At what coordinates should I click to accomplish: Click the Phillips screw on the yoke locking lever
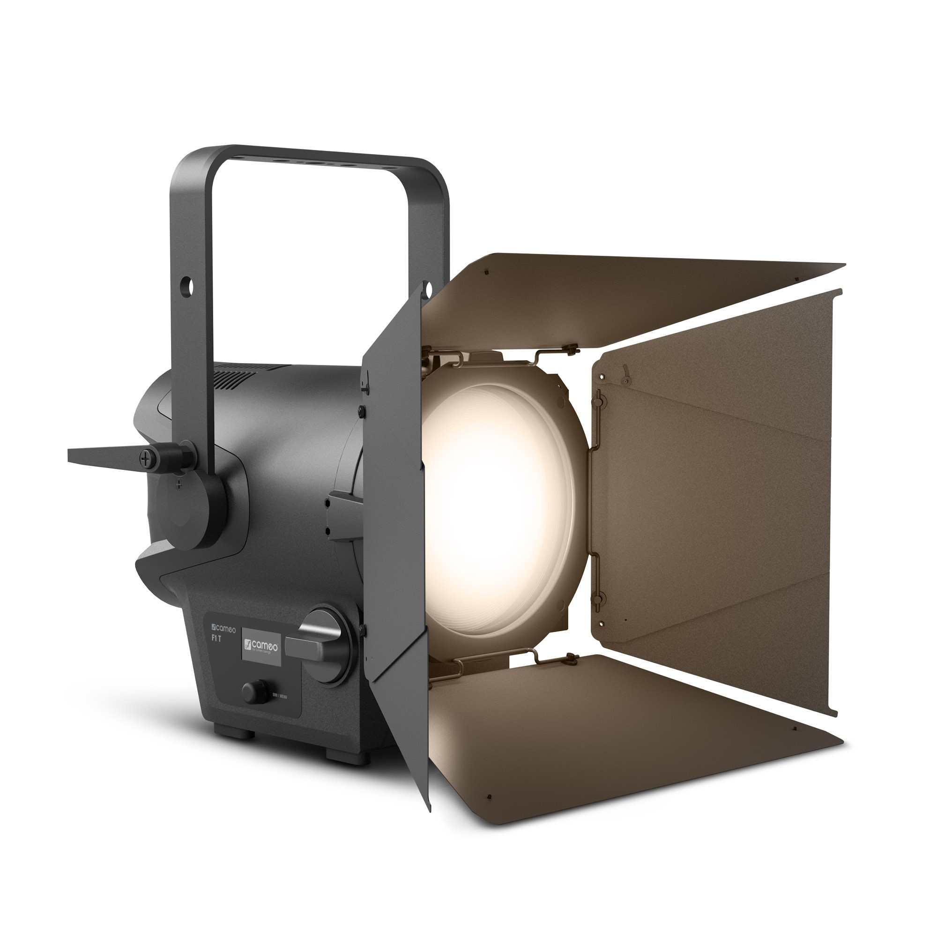147,458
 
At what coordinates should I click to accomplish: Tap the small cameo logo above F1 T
222,630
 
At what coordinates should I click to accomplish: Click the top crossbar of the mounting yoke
311,160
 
